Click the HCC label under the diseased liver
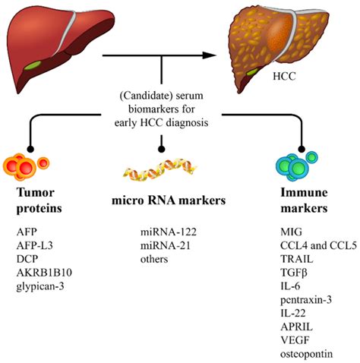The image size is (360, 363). point(284,76)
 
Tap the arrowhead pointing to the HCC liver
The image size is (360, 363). point(210,55)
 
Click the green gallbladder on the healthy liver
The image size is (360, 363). point(33,65)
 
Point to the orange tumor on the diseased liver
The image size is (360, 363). point(279,36)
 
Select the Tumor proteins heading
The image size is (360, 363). point(39,200)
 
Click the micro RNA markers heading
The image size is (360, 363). point(169,200)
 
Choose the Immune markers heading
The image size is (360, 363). point(304,200)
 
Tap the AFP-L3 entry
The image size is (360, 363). point(35,245)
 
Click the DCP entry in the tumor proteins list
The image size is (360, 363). point(27,259)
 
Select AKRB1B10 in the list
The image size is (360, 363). point(44,273)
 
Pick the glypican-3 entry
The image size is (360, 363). point(40,287)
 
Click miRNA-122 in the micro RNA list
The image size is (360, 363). point(169,232)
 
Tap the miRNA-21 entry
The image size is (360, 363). point(166,245)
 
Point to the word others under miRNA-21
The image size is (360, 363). point(154,259)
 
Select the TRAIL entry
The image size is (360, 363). point(297,259)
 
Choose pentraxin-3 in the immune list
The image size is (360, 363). point(306,300)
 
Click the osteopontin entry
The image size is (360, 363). point(307,354)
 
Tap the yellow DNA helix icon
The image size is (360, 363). point(160,169)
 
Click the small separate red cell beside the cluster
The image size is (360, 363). point(43,163)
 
